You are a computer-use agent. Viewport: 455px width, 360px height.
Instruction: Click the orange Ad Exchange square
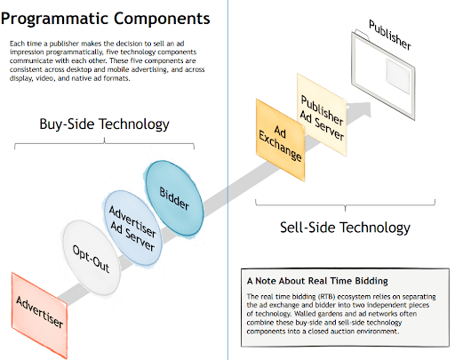click(x=277, y=140)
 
